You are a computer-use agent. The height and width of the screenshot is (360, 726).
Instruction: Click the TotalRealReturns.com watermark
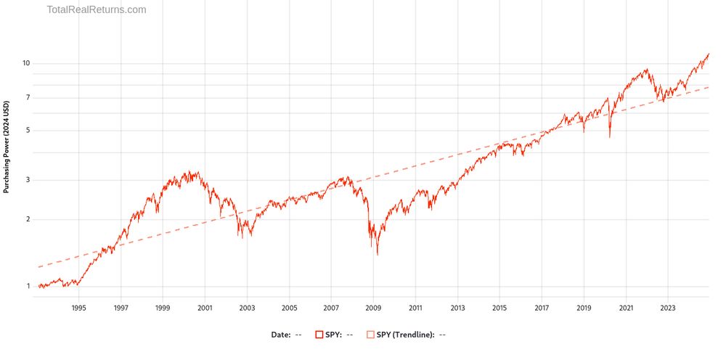97,10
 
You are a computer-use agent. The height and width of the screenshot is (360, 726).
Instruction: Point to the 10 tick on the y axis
25,63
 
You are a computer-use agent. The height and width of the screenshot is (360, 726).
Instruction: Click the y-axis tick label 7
28,97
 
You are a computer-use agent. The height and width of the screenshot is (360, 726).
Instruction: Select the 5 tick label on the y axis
28,131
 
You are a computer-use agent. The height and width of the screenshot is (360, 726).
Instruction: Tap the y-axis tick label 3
28,180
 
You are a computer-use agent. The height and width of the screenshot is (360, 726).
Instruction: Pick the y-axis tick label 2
28,219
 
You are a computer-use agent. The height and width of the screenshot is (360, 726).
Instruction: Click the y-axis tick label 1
28,286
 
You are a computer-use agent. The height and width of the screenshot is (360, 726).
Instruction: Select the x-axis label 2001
205,307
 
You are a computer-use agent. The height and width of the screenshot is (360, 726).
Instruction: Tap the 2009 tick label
373,307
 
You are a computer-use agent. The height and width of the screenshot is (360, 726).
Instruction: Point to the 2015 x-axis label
499,307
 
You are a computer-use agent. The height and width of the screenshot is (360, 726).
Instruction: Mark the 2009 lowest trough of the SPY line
378,254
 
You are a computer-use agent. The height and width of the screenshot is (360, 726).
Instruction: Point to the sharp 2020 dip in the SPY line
610,137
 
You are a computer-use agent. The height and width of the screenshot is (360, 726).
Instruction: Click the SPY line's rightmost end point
709,54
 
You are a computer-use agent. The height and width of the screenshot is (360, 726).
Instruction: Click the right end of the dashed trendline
709,87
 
